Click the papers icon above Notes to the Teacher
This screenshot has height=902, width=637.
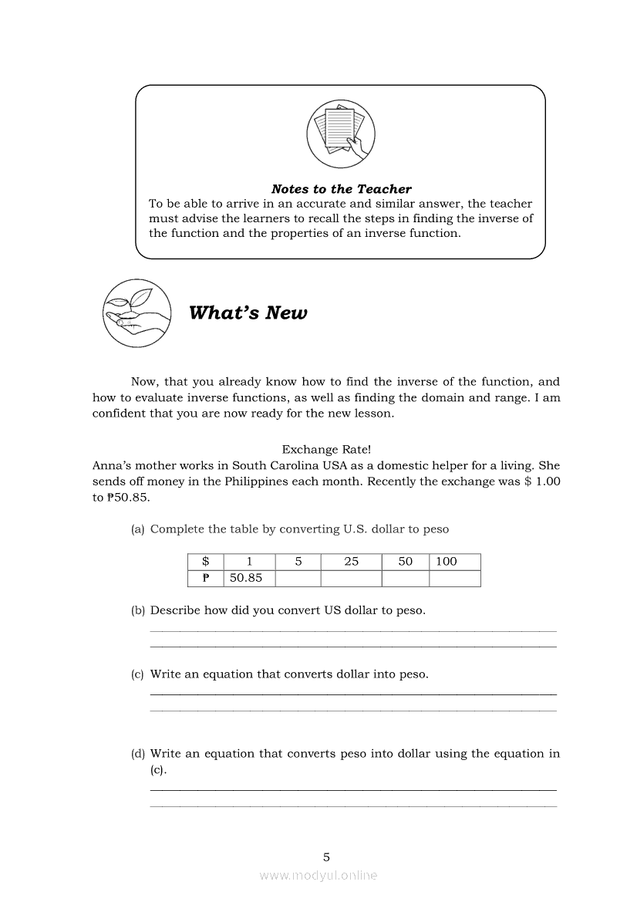[x=340, y=134]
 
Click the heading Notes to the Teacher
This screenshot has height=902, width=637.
[x=341, y=189]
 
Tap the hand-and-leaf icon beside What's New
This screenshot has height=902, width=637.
[x=136, y=313]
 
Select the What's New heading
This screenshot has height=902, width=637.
[x=248, y=312]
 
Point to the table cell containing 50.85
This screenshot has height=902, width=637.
[x=246, y=578]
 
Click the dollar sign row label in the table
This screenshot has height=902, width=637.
[x=206, y=562]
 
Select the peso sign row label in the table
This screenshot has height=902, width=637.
[x=206, y=578]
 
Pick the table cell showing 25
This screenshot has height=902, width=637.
[x=351, y=562]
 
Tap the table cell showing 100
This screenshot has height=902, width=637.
[x=447, y=562]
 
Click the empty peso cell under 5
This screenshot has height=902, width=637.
[x=298, y=578]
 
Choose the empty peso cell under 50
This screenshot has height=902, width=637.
[x=405, y=578]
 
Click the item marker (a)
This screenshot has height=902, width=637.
[x=138, y=529]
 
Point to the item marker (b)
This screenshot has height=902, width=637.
[x=138, y=610]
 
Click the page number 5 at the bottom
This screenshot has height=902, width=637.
[x=326, y=856]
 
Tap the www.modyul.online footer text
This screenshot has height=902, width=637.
[x=318, y=876]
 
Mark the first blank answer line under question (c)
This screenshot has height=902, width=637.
[x=352, y=694]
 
